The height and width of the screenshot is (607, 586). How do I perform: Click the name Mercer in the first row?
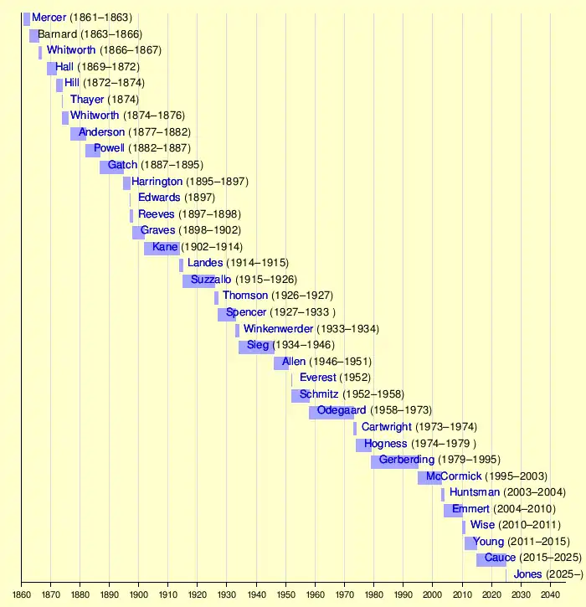pos(49,18)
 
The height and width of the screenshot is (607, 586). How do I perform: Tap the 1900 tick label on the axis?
pos(138,594)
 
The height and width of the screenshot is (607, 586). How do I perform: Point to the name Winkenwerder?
pos(278,329)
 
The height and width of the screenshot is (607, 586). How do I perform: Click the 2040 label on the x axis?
pos(550,594)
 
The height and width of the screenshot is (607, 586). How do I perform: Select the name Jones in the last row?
pos(527,574)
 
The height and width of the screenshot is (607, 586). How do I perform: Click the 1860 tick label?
pos(22,594)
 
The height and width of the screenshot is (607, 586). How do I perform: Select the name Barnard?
pos(58,34)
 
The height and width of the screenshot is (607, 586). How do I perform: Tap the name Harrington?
pos(157,182)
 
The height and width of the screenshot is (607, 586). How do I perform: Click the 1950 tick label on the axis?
pos(285,594)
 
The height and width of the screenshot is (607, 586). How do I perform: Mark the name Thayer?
pos(87,100)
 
